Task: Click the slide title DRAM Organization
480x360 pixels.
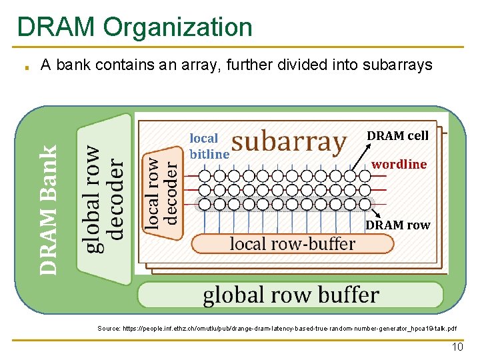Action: [135, 27]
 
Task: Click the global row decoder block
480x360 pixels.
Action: [105, 199]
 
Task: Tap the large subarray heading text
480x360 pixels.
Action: [289, 142]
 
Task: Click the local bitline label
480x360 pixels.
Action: [207, 146]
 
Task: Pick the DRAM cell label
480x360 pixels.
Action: [397, 135]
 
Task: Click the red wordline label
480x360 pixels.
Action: [399, 164]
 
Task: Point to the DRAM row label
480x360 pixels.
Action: [397, 225]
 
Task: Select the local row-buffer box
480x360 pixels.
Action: [292, 244]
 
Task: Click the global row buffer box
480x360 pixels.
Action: [291, 295]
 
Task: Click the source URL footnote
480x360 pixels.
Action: [277, 328]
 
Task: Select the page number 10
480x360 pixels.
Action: [457, 347]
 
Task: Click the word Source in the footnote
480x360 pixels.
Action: [108, 328]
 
